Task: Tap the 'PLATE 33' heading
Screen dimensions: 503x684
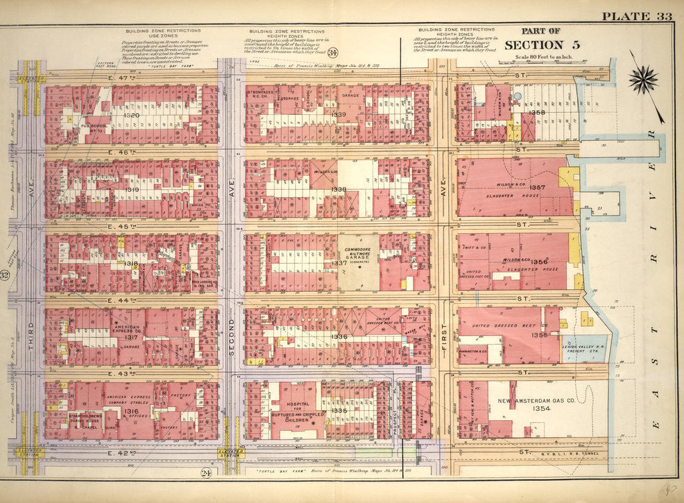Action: tap(636, 17)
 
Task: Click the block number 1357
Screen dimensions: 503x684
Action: tap(539, 189)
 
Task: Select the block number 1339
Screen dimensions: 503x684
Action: tap(339, 114)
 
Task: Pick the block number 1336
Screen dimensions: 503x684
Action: tap(339, 337)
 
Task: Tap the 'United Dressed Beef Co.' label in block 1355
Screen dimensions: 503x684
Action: tap(509, 325)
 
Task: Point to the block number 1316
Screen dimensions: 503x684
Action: tap(132, 411)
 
